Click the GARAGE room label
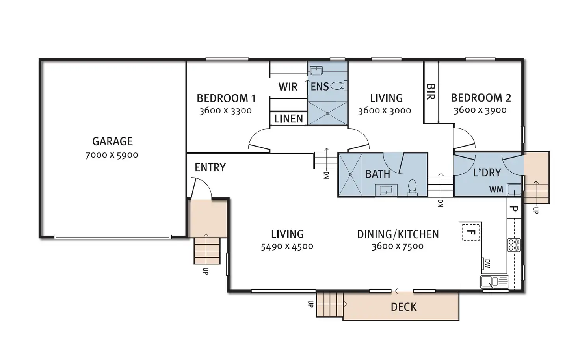(112, 141)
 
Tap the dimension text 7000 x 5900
(112, 155)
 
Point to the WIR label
(288, 87)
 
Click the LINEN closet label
(289, 119)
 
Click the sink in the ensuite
(316, 71)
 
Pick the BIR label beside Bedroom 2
(431, 91)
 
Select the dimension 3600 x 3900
(480, 110)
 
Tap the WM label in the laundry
(496, 190)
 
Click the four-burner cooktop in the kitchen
(514, 245)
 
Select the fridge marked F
(470, 232)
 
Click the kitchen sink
(494, 282)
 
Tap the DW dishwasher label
(487, 264)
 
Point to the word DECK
(404, 307)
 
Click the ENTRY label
(210, 167)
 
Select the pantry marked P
(514, 209)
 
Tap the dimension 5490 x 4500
(287, 247)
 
